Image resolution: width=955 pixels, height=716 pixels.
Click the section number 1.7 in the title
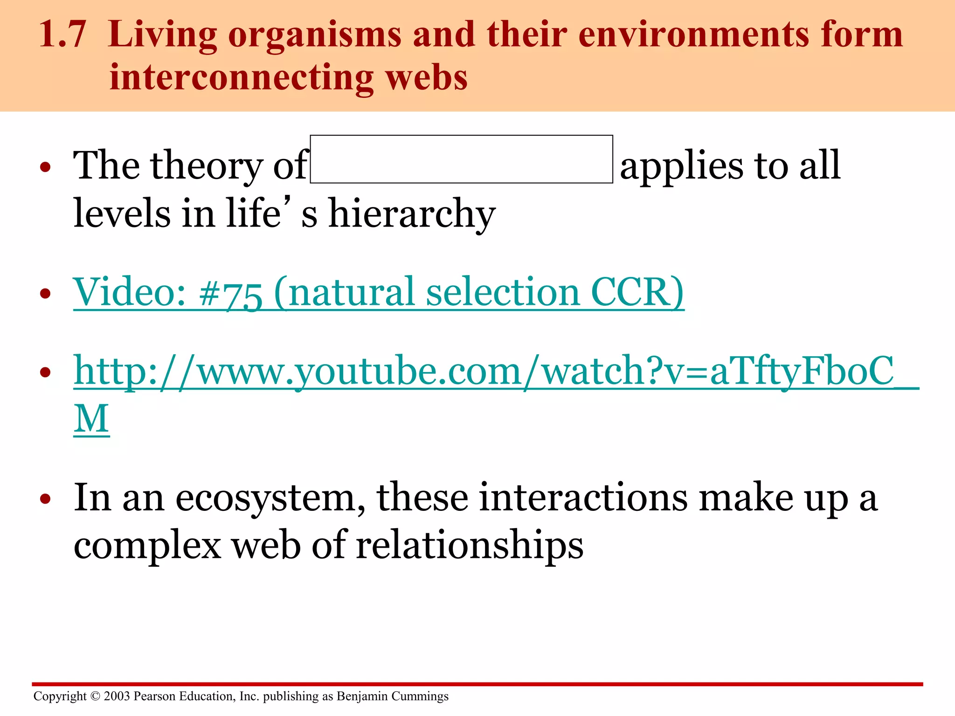point(62,35)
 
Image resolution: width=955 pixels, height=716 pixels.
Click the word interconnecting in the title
point(241,77)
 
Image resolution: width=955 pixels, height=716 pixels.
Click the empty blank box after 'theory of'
point(461,159)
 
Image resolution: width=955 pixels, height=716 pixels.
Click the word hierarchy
point(412,213)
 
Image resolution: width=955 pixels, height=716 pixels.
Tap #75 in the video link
point(230,293)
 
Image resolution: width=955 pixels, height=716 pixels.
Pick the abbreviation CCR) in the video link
point(637,292)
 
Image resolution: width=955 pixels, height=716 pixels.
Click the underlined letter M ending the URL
point(91,419)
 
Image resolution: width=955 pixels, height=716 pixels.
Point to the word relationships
point(470,545)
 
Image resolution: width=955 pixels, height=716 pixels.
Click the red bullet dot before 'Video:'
point(45,294)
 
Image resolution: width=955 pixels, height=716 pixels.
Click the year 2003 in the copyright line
point(117,696)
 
